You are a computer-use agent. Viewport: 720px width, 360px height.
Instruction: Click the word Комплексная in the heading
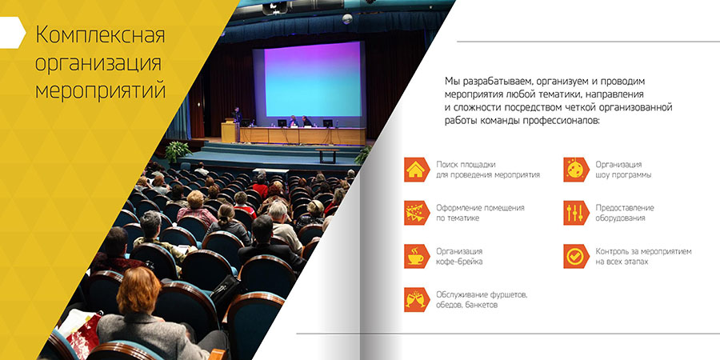click(x=100, y=35)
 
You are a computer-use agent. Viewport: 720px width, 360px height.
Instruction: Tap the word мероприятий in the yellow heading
click(x=101, y=91)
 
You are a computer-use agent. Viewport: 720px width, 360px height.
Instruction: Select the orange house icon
click(x=417, y=170)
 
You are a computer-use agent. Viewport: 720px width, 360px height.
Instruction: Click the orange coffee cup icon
click(x=417, y=256)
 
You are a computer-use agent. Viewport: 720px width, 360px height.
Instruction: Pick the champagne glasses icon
click(x=417, y=300)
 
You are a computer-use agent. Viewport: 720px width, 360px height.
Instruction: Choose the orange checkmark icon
click(x=576, y=256)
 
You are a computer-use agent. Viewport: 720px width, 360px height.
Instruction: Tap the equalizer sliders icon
click(x=576, y=213)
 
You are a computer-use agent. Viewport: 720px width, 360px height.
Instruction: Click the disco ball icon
click(x=576, y=170)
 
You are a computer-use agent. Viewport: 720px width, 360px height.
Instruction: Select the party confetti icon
click(x=417, y=213)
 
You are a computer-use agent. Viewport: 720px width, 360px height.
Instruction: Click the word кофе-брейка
click(x=459, y=262)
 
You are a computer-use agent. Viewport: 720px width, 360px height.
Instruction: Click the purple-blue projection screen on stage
click(x=313, y=79)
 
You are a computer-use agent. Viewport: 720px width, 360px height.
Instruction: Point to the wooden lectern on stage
click(x=229, y=131)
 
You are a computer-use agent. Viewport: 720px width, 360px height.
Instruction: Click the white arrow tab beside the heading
click(x=12, y=33)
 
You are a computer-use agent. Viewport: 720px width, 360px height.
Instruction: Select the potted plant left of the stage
click(x=178, y=151)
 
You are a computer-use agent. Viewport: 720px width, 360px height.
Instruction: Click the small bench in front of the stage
click(x=327, y=155)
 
